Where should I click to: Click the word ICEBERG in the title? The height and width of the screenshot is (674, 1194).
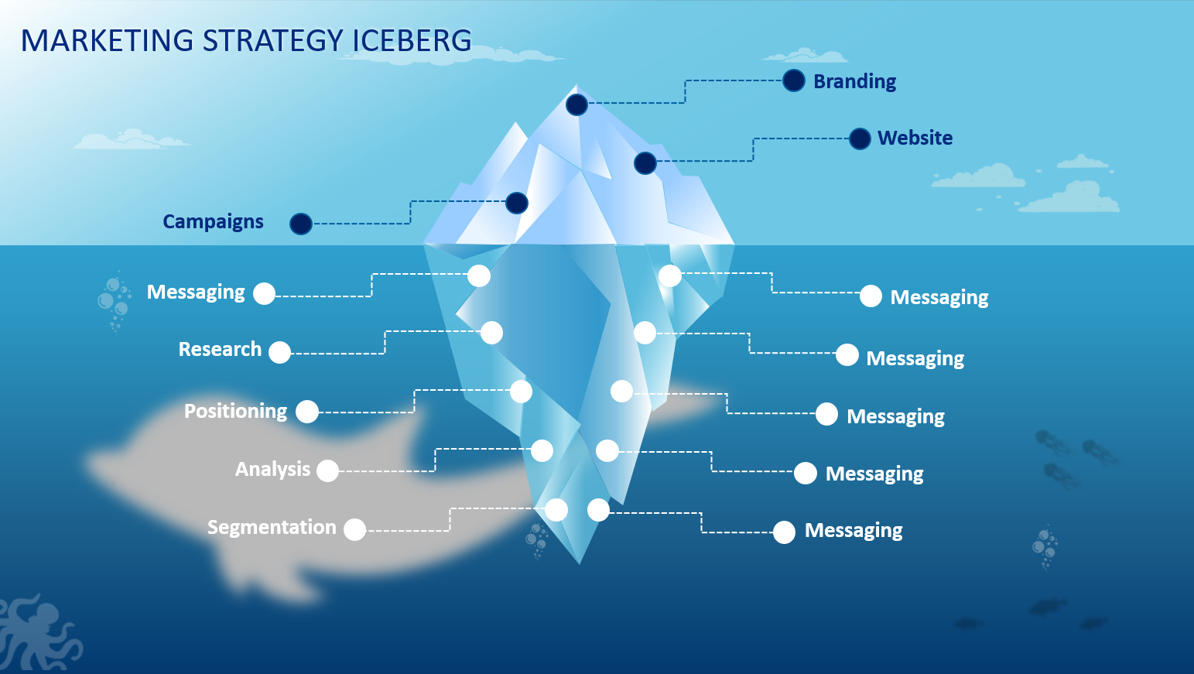[412, 41]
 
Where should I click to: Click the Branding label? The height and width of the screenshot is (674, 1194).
[854, 81]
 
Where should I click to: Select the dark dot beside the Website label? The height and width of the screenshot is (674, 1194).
[860, 139]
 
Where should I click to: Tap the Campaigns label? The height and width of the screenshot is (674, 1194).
[213, 222]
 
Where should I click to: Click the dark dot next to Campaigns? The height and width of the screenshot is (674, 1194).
[300, 224]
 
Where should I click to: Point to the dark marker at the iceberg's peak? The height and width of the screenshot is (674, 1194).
[576, 104]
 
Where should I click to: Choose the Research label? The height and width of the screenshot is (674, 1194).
[220, 350]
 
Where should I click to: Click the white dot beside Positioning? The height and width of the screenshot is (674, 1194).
[307, 412]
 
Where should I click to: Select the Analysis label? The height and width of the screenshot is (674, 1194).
[272, 470]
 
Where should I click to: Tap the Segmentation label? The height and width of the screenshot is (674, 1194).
[272, 528]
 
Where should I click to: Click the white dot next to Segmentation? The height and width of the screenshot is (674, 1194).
[354, 529]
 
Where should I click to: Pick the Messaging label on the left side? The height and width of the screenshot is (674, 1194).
[196, 293]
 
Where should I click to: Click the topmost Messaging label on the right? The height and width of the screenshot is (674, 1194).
[939, 298]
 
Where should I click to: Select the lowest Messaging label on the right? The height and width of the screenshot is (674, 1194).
[854, 531]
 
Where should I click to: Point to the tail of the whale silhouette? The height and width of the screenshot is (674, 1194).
[681, 402]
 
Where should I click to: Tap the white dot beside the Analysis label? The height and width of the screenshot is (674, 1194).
[327, 470]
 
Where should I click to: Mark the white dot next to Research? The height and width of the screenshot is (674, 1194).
[279, 352]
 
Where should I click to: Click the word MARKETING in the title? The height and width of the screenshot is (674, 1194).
[107, 41]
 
